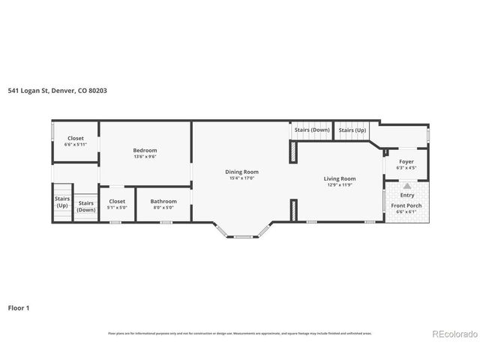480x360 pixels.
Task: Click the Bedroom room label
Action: (x=145, y=150)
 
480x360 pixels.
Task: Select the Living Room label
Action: (x=339, y=178)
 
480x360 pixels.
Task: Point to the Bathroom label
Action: (x=163, y=201)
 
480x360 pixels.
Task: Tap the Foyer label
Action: (x=406, y=160)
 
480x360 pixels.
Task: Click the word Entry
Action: (x=406, y=195)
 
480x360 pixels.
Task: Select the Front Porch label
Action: (x=406, y=205)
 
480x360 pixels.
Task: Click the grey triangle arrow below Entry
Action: (x=406, y=184)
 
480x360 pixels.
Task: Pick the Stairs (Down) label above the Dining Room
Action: (x=311, y=130)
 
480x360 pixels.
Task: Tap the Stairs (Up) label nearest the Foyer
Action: (x=352, y=130)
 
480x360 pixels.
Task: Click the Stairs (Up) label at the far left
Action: (x=61, y=202)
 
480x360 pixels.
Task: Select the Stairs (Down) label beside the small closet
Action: (x=86, y=206)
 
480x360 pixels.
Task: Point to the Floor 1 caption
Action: (x=19, y=307)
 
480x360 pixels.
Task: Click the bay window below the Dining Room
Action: (x=243, y=235)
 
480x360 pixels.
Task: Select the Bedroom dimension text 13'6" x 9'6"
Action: (x=145, y=157)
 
